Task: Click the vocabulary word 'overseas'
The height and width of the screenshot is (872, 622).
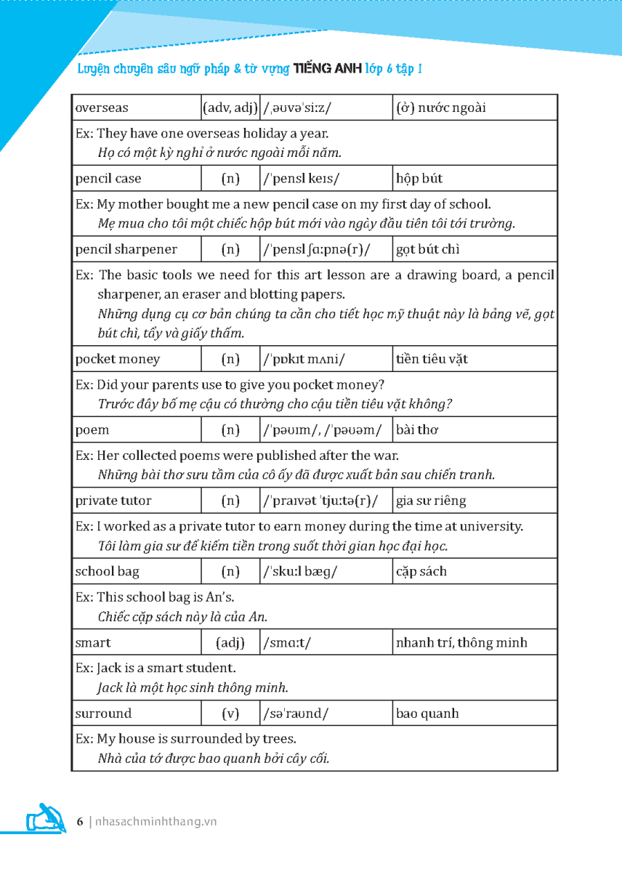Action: pos(102,108)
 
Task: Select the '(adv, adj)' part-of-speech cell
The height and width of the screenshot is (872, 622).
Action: pos(230,108)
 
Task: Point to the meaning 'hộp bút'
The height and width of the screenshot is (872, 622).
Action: pos(419,179)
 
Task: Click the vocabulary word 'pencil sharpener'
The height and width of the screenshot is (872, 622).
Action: pos(126,250)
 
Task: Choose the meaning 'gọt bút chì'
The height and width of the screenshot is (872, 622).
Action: pos(428,250)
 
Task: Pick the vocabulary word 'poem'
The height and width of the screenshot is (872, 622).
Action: pos(92,430)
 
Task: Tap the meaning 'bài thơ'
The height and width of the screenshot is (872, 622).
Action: pos(417,430)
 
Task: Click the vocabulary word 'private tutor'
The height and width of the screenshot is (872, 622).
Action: pos(115,501)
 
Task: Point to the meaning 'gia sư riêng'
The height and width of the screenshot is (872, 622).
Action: pos(431,501)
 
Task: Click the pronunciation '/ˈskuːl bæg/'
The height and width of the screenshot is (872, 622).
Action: pos(300,572)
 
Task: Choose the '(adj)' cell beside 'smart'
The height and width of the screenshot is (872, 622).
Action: pos(230,643)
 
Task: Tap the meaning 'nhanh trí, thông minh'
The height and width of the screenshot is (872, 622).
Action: pos(461,643)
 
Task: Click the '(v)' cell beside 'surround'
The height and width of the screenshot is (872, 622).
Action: pos(230,714)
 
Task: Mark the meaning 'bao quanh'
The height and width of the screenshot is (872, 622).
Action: pos(427,714)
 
